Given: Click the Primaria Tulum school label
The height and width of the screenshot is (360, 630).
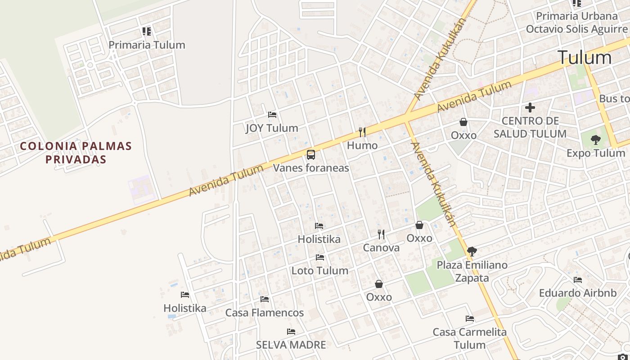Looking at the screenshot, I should (147, 45).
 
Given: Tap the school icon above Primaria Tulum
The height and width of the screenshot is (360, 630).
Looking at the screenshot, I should (147, 31).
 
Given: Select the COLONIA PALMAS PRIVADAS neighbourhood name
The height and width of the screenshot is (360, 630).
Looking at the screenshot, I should (76, 153).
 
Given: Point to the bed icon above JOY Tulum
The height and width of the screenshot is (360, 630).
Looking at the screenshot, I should (272, 115).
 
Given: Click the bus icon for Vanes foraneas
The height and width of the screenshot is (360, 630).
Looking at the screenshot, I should (311, 155).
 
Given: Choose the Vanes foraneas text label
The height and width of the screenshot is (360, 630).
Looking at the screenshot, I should (311, 168).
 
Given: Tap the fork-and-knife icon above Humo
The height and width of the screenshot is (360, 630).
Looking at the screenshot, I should (362, 132).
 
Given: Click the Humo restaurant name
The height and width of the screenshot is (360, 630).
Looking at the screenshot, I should (362, 146).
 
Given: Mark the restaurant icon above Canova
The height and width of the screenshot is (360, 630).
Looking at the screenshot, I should (381, 234).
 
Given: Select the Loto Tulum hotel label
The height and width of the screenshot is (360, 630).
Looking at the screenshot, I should (320, 271).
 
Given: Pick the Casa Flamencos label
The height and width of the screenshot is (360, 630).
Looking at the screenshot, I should (265, 313).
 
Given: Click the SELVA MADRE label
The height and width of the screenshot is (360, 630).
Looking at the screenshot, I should (291, 345).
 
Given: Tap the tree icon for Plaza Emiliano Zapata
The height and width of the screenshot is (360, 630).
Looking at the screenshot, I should (472, 252).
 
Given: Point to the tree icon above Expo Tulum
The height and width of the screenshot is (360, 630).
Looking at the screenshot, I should (596, 140).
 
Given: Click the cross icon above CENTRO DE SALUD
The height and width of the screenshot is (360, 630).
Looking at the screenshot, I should (530, 108).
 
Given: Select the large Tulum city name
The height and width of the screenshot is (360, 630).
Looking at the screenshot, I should (585, 58).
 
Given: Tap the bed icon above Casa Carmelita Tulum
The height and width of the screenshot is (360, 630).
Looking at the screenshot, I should (470, 319).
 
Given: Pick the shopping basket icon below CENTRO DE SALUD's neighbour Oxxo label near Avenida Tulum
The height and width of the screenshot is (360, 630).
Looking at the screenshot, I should (463, 122).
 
